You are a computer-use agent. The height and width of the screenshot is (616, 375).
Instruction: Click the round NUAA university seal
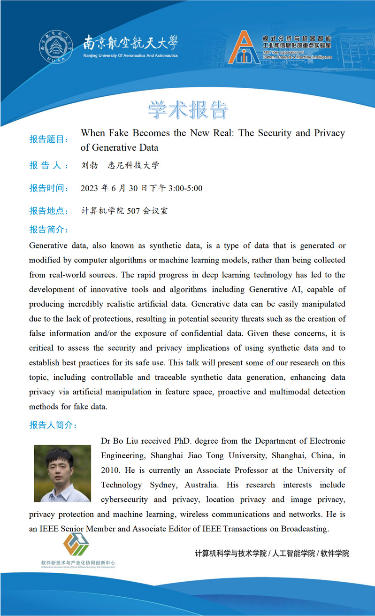coord(56,47)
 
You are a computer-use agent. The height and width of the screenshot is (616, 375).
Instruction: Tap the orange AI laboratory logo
coord(244,47)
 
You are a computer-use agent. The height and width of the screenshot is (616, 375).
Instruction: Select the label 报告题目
coord(49,139)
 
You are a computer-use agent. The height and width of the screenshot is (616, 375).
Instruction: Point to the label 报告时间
coord(49,188)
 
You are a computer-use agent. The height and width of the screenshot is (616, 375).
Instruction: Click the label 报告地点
coord(49,211)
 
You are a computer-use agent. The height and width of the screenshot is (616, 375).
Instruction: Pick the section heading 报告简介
coord(49,230)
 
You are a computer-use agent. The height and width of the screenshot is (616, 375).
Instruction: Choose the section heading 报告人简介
coord(53,425)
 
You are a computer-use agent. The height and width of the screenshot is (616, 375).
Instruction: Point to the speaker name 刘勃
coord(89,165)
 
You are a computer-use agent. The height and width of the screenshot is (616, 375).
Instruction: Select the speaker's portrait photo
coord(62,473)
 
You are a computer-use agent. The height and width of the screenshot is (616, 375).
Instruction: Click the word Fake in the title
coord(118,133)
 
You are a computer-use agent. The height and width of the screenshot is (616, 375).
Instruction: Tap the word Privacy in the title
coord(329,133)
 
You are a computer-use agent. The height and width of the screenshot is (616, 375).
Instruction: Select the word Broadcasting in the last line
coord(305,529)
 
